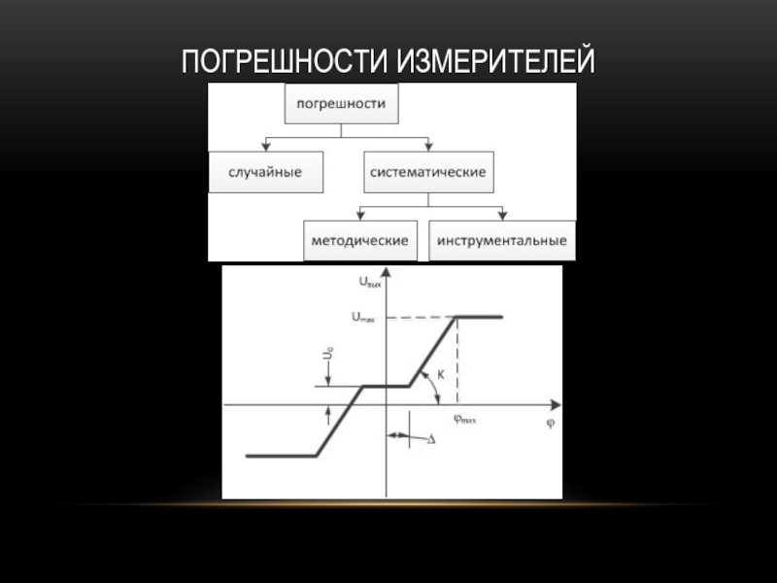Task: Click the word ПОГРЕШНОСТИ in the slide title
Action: pos(283,63)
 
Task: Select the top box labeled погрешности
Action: pos(341,103)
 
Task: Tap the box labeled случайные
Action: pos(265,172)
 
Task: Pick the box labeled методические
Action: pos(359,240)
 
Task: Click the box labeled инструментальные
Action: pos(501,240)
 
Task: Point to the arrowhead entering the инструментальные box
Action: pos(501,216)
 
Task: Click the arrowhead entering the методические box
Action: pos(359,216)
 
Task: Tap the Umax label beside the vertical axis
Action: pos(364,317)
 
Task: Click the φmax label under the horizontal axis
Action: pos(465,420)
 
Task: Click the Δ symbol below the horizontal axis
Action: pos(430,439)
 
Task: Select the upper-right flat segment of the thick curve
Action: pos(479,317)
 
